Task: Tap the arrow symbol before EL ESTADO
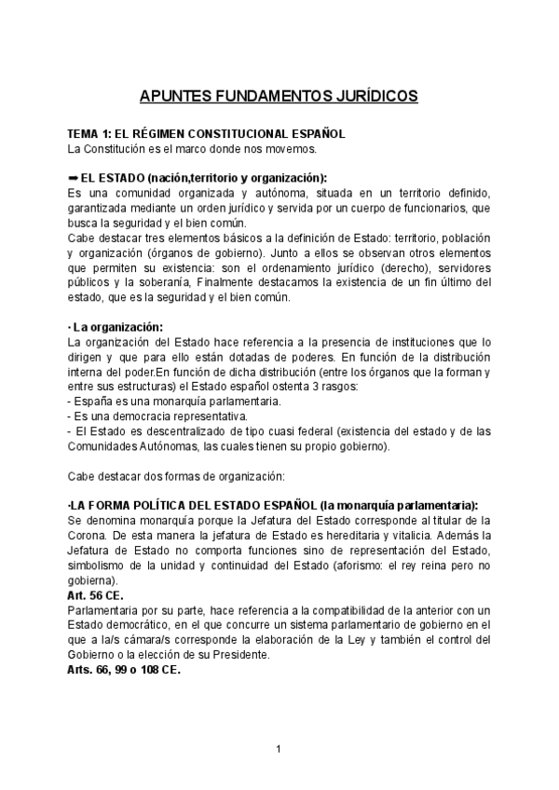pos(74,178)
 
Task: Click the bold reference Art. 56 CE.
pos(96,594)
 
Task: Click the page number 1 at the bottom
pos(279,749)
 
